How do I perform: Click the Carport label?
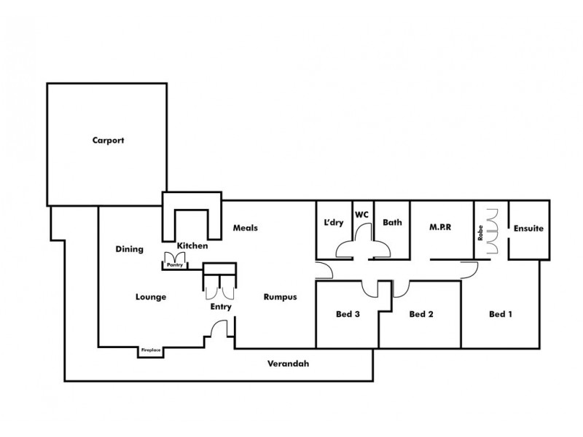coord(109,141)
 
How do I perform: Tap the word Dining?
coord(129,249)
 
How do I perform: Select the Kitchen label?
coord(192,246)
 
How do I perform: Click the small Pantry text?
coord(174,266)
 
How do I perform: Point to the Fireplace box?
coord(151,352)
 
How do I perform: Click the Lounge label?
coord(151,296)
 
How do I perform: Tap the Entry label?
coord(221,307)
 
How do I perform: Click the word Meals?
coord(246,227)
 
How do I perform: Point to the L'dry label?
coord(333,223)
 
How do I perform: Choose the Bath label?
coord(393,223)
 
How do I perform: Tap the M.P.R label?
coord(440,227)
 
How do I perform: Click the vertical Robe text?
coord(481,232)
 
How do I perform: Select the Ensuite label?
coord(529,228)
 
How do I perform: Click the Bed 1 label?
coord(501,315)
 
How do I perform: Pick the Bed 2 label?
coord(421,315)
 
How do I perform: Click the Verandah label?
coord(283,363)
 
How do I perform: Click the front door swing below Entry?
coord(217,331)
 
